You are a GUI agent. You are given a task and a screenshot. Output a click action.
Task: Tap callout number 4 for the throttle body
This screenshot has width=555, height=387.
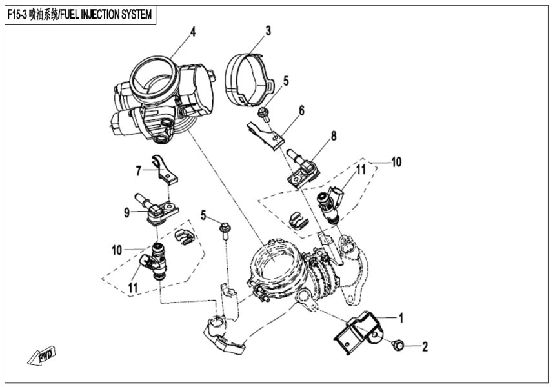(x=192, y=30)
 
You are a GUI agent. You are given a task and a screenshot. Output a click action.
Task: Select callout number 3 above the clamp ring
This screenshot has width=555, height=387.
(x=268, y=30)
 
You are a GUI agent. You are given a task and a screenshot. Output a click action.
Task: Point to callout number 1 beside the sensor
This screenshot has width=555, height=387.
(x=401, y=317)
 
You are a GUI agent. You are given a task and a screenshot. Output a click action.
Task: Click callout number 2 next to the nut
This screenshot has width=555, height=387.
(x=425, y=347)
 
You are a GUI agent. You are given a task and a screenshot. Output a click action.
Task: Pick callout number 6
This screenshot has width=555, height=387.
(x=301, y=110)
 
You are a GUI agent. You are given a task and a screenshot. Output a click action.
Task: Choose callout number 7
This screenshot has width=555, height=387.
(x=138, y=171)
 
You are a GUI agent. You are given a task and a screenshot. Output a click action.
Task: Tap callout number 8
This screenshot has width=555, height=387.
(x=334, y=136)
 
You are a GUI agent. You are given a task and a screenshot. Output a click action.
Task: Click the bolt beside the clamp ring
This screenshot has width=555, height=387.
(x=264, y=115)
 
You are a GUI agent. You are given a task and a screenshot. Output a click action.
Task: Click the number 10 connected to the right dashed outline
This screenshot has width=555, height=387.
(x=396, y=161)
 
